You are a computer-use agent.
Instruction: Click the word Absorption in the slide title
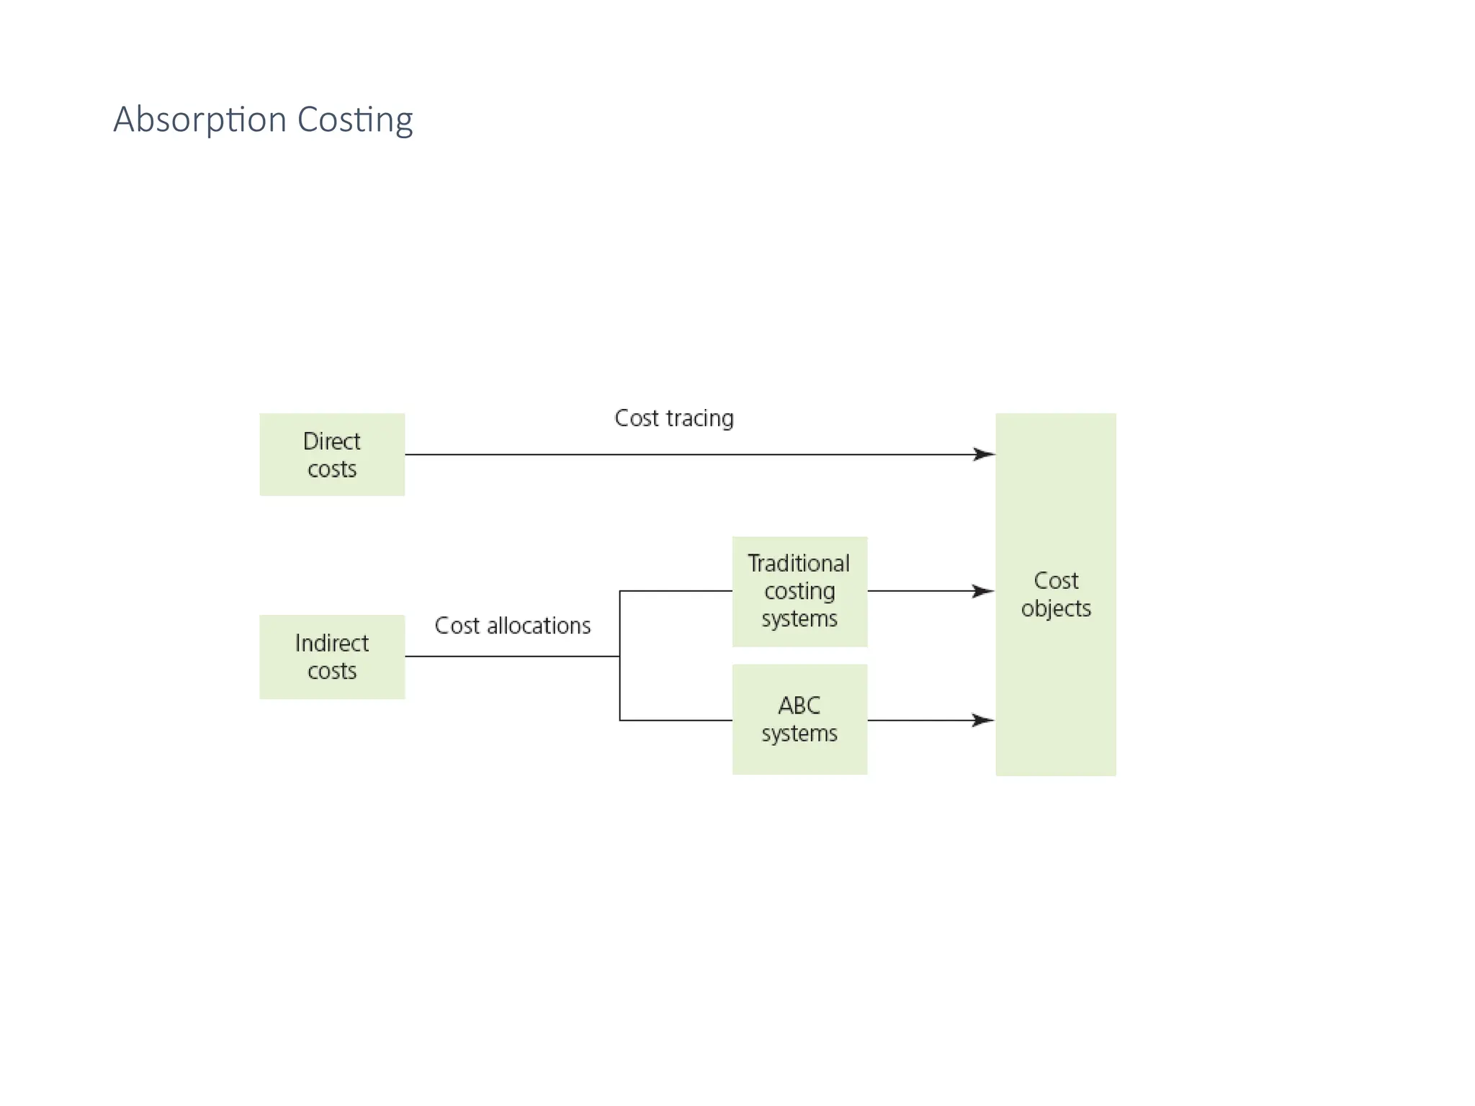point(199,120)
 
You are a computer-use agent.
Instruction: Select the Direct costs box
point(332,454)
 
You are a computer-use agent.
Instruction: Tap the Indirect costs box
point(332,657)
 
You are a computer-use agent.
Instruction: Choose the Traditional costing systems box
point(799,591)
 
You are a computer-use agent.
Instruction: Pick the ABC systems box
point(799,719)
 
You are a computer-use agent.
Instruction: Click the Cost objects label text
point(1056,594)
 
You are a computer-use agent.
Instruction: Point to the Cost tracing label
point(673,418)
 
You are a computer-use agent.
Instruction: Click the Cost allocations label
point(512,626)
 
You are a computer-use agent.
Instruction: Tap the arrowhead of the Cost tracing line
point(985,454)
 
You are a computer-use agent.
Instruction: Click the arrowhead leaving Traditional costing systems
point(983,591)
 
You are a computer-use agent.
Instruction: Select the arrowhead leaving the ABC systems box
point(983,720)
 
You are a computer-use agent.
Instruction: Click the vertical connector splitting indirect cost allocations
point(620,655)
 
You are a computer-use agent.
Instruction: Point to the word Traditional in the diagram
point(798,563)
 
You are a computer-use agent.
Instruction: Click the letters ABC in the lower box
point(799,706)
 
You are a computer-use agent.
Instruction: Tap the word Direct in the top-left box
point(331,441)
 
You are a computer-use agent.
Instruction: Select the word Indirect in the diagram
point(331,643)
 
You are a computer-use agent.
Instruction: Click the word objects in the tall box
point(1056,609)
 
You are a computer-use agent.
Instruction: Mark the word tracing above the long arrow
point(699,419)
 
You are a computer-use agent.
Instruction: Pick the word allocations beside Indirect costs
point(539,626)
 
